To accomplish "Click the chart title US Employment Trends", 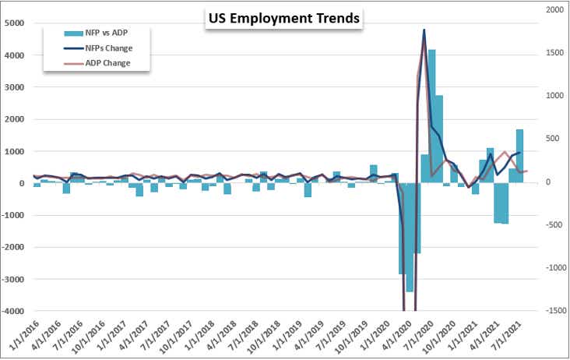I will pos(283,18).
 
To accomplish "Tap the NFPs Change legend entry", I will pos(107,48).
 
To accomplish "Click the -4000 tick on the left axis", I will pos(12,311).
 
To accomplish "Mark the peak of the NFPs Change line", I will pos(424,30).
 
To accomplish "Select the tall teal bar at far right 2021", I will pos(519,156).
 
